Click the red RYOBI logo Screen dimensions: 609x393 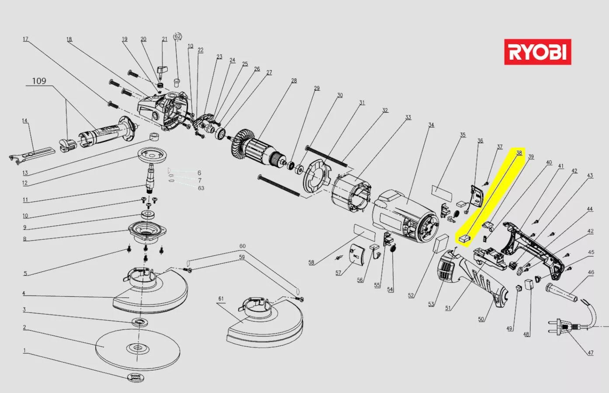click(537, 52)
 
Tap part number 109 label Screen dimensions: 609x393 click(39, 81)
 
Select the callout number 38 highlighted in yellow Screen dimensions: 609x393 click(519, 153)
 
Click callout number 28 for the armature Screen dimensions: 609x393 click(294, 81)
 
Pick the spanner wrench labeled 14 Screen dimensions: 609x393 click(31, 155)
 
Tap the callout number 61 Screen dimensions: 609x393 click(221, 299)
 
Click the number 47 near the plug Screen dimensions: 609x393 click(591, 353)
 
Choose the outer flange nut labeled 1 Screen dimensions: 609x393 click(135, 378)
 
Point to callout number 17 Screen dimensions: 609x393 click(25, 39)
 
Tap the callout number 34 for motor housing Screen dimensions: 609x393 click(431, 125)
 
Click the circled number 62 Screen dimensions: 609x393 click(177, 36)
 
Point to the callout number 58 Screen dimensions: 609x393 click(311, 262)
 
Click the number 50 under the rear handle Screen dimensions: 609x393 click(481, 319)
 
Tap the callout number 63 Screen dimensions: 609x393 click(201, 188)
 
